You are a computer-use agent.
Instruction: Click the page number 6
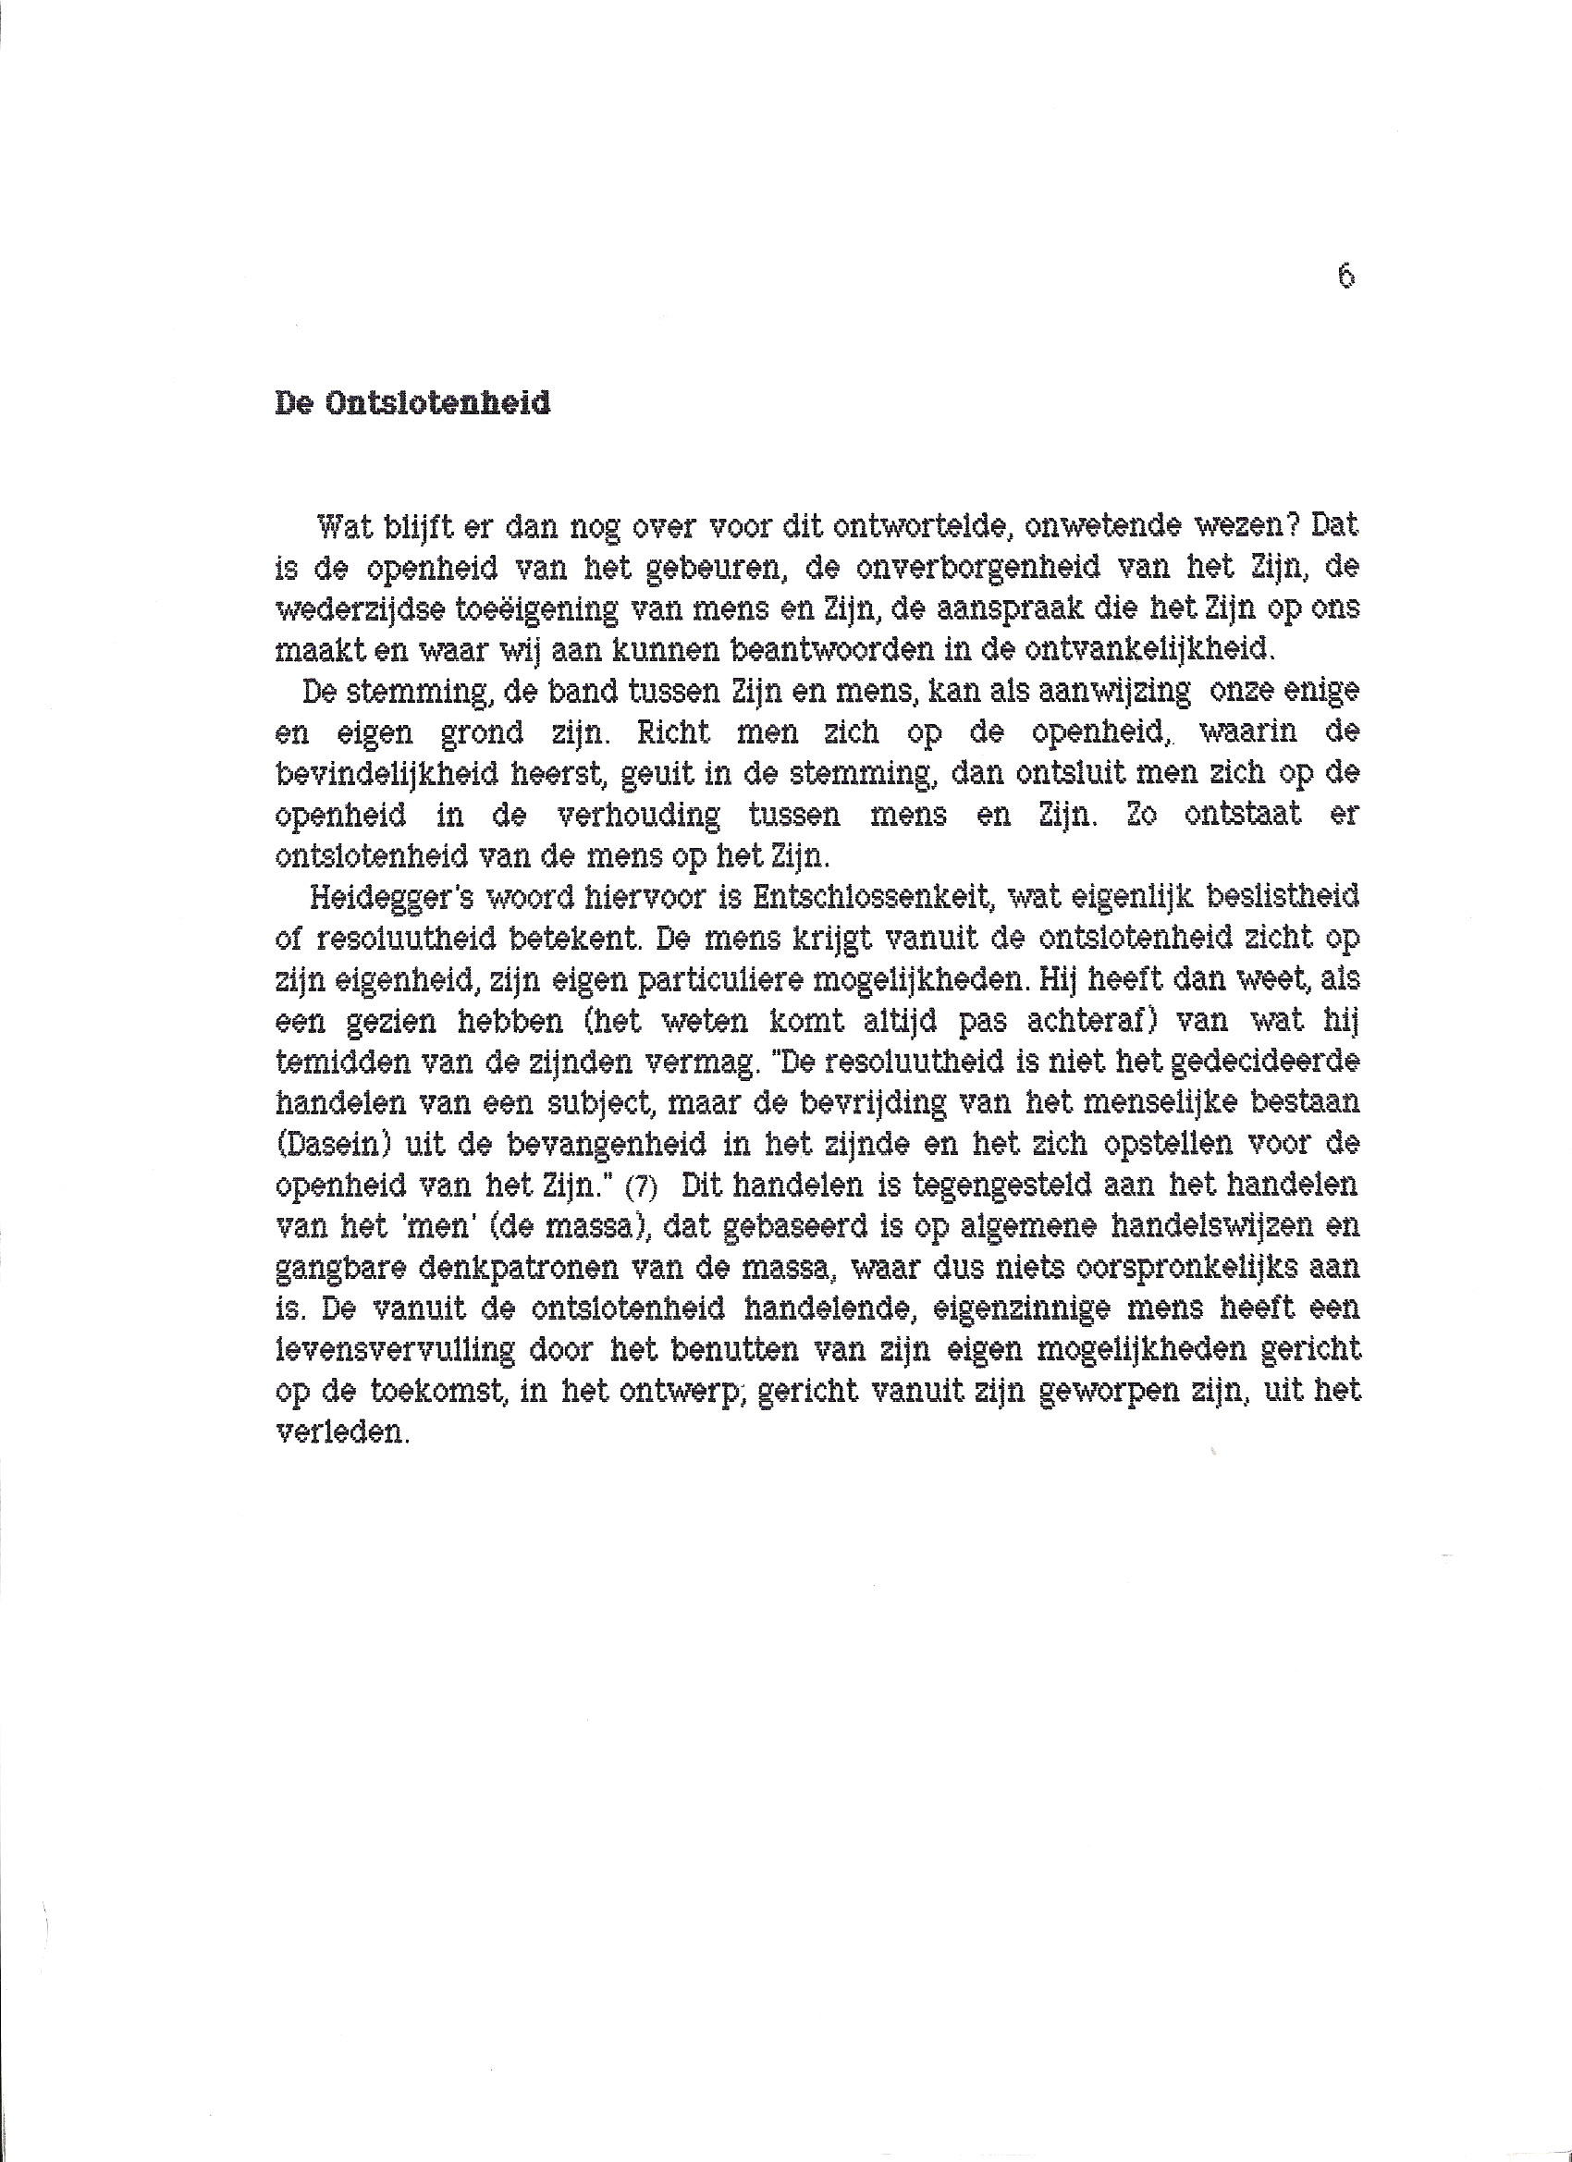pos(1346,276)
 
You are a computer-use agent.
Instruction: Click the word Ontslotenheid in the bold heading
pos(437,403)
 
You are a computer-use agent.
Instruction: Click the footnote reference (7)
pos(641,1187)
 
